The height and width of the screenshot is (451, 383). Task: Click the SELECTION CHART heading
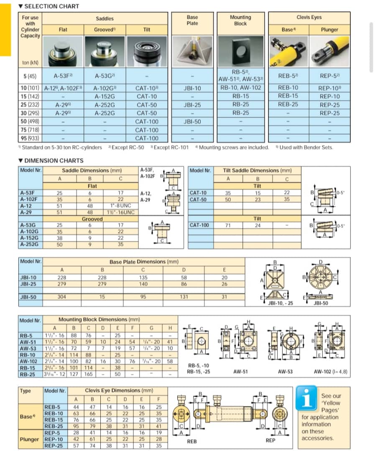pos(51,6)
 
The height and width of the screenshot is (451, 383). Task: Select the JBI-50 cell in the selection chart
pos(192,122)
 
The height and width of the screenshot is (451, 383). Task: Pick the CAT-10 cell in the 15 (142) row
pos(147,96)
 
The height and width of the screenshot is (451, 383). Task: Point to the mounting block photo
pos(240,51)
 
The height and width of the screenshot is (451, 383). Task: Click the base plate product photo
pos(192,51)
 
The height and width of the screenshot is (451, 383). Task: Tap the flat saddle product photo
pos(63,51)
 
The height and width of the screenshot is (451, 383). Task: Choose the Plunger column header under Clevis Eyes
pos(329,30)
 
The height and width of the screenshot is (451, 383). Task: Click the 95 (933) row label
pos(30,138)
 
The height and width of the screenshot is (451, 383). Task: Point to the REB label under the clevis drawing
pos(192,441)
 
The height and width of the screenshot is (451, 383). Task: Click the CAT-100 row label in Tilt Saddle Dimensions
pos(199,225)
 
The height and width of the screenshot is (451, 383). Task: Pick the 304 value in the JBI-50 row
pos(62,297)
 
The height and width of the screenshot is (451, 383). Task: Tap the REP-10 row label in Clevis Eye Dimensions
pos(54,439)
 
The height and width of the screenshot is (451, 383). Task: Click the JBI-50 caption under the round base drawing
pos(321,303)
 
